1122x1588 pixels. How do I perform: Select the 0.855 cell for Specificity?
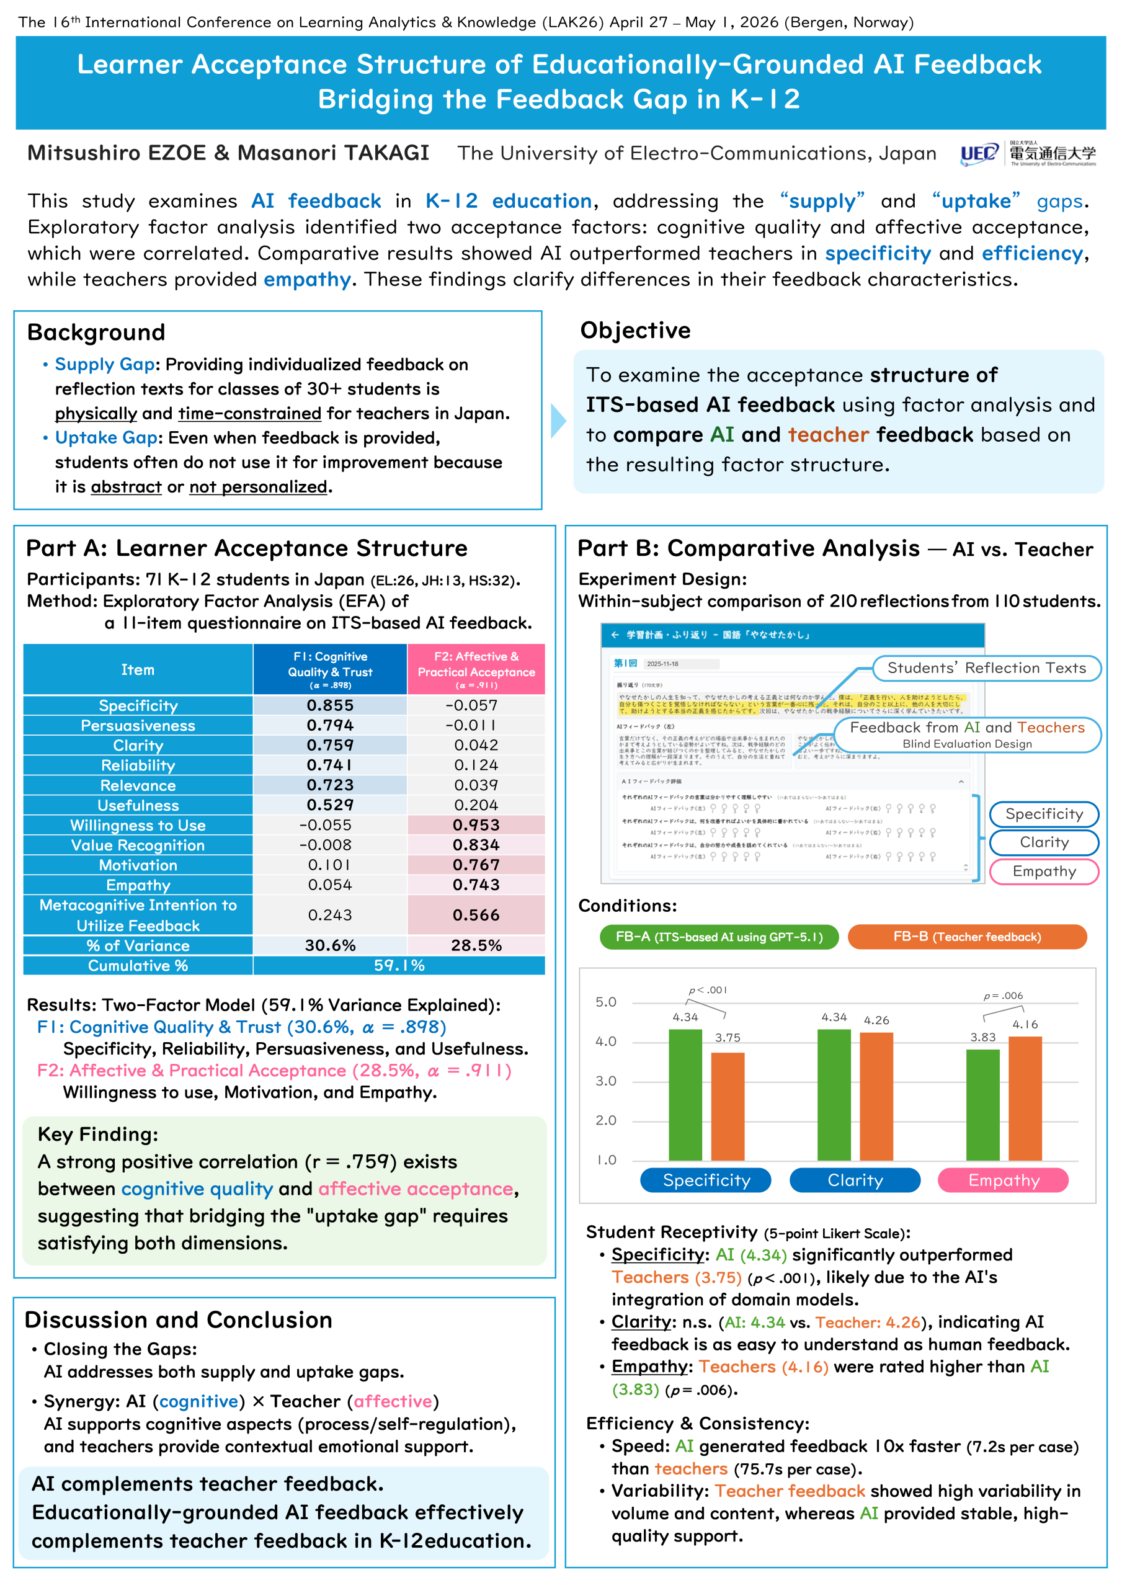tap(330, 705)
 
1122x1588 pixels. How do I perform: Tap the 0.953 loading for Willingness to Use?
tap(476, 825)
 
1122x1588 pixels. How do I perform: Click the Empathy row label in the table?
tap(138, 885)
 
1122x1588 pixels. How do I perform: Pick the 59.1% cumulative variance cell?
tap(399, 966)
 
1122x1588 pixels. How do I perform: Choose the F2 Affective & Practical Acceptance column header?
tap(476, 669)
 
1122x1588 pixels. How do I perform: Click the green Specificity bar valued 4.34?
tap(685, 1095)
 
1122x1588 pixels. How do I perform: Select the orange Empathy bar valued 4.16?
tap(1025, 1099)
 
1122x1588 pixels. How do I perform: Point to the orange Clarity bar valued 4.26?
tap(876, 1096)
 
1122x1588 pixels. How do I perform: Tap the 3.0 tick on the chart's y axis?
tap(605, 1081)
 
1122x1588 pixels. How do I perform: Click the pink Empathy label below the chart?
tap(1003, 1180)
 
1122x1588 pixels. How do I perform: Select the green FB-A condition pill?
tap(719, 937)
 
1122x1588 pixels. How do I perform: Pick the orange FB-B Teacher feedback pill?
tap(966, 937)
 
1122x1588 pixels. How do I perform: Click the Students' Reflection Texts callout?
tap(986, 668)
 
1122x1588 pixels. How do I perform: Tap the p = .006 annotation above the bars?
tap(1003, 996)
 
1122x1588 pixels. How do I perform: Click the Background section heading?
tap(96, 332)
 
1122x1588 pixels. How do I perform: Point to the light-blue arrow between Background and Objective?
tap(558, 421)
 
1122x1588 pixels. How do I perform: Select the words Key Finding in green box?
tap(97, 1135)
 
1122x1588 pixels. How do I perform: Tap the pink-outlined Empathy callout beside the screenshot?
tap(1044, 872)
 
